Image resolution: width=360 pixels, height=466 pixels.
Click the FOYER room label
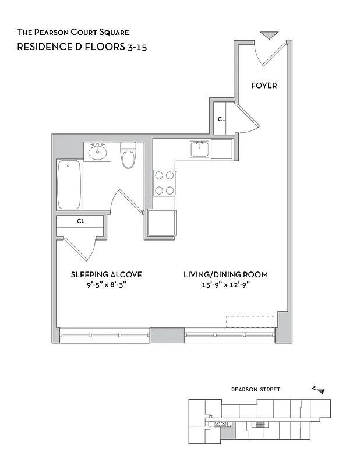point(263,86)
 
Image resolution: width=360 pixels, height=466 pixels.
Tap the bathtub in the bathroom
point(69,185)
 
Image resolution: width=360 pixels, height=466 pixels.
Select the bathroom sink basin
point(97,153)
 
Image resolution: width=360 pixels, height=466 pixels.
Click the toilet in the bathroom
point(128,156)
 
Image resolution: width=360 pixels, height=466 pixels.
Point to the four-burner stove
point(164,182)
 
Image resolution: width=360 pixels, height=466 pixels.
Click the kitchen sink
point(200,150)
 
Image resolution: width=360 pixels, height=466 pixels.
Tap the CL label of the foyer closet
point(221,119)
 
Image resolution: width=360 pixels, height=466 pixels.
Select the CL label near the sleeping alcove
point(80,221)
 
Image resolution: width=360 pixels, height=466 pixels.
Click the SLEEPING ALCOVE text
point(106,274)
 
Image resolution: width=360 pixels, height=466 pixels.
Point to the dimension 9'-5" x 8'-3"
point(106,285)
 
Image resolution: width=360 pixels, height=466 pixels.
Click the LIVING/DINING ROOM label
point(225,274)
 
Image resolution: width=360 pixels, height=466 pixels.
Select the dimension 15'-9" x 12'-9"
point(225,285)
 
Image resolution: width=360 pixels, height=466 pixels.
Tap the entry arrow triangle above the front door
point(269,36)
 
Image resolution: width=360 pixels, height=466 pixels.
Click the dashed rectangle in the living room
point(250,322)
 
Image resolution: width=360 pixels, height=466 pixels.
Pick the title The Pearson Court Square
point(73,32)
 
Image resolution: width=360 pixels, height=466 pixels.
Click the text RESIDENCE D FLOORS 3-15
point(82,47)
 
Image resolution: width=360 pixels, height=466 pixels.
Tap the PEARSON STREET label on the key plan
point(256,390)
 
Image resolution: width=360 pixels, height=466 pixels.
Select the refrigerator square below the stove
point(162,223)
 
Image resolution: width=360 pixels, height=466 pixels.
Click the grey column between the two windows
point(167,335)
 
